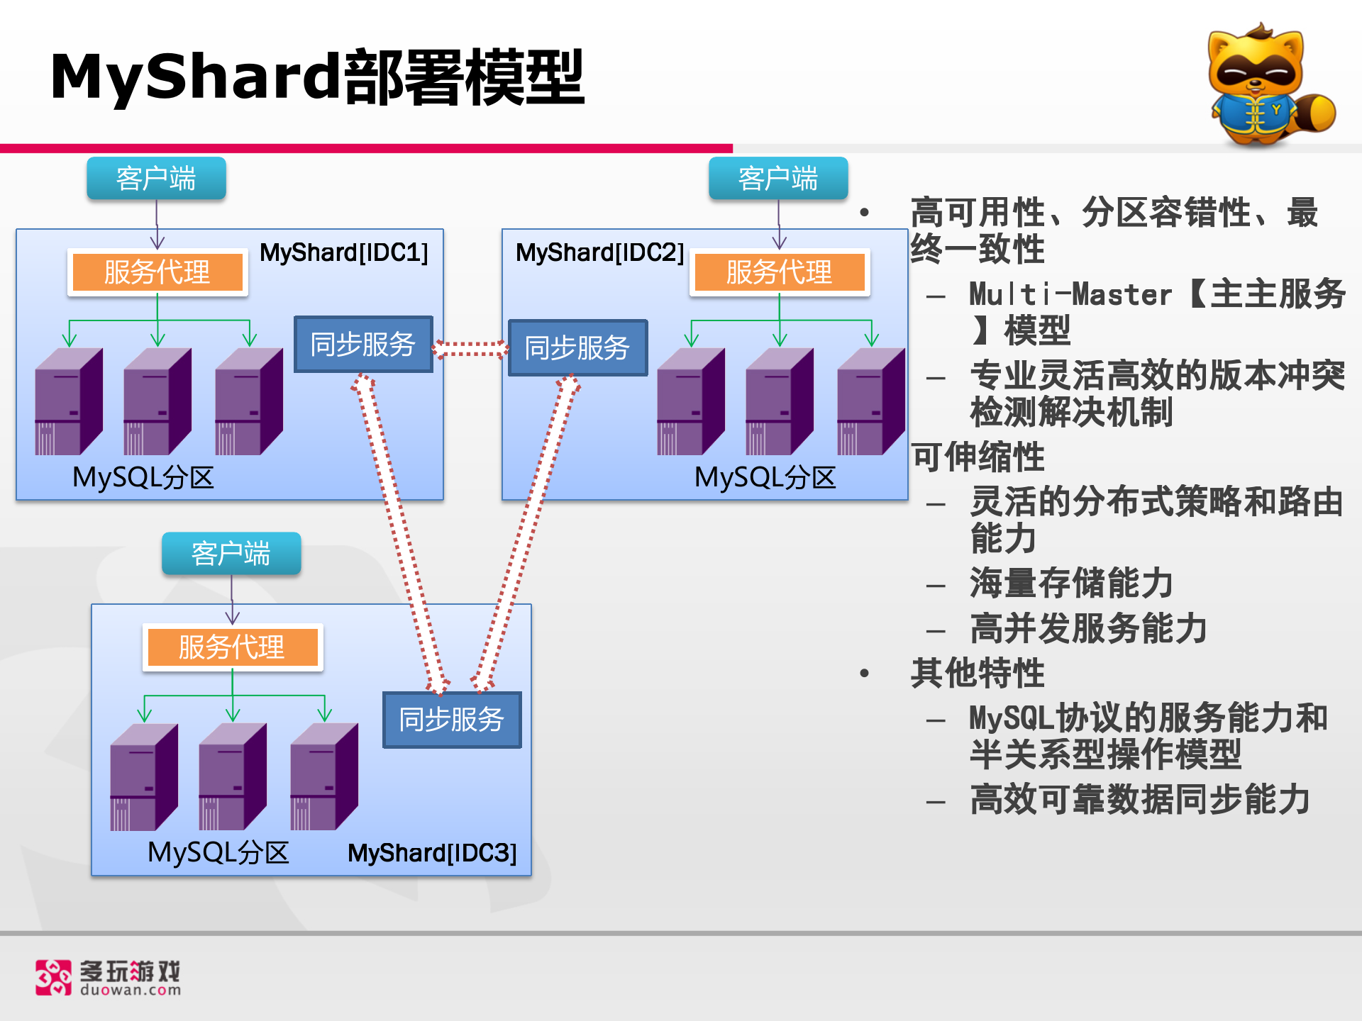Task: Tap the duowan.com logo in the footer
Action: pos(109,978)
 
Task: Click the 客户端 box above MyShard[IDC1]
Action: pos(156,179)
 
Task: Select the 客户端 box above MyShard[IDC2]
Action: pos(778,179)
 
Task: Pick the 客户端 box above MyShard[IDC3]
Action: pos(231,554)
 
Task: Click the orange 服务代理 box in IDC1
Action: pos(157,272)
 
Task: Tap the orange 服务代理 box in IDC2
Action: pos(779,272)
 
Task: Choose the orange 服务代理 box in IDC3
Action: pos(232,647)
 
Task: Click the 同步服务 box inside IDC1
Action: pos(363,345)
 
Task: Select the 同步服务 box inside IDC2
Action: pos(577,348)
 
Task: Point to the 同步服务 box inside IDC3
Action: pos(452,720)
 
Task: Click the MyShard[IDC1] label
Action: pos(344,252)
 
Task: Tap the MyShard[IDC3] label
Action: pos(432,853)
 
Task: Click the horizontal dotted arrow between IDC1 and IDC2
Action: pos(471,349)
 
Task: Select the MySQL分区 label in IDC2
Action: pos(765,477)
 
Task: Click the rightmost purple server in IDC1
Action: pos(249,401)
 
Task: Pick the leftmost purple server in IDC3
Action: pos(144,777)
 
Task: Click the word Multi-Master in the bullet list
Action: pos(1070,294)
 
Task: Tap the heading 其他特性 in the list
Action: pos(978,673)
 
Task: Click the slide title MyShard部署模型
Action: pos(317,77)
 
